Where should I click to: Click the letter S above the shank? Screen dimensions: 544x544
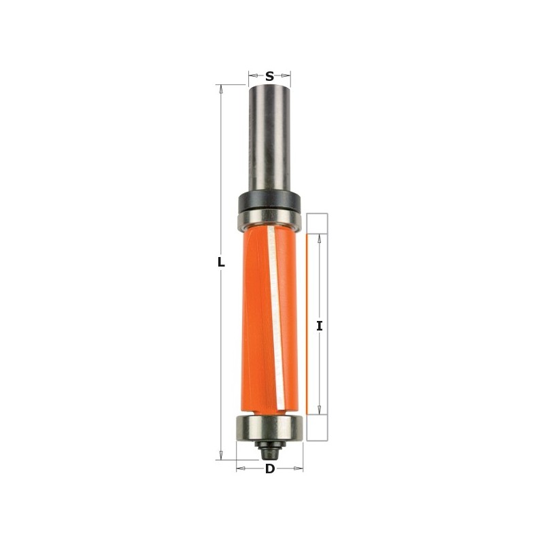269,76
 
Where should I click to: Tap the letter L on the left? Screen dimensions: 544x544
220,262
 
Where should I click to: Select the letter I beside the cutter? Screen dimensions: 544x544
319,326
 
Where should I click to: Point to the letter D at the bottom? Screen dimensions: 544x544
270,469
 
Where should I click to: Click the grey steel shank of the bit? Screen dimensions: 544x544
269,136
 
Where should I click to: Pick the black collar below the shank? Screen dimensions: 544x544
269,202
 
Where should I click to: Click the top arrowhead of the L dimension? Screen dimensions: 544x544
220,89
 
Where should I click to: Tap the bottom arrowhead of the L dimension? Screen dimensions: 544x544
220,456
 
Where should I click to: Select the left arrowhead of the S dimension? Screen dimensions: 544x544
252,76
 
